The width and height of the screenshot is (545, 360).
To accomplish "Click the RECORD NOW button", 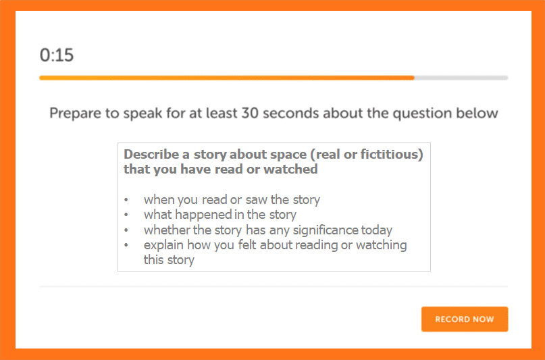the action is [465, 319].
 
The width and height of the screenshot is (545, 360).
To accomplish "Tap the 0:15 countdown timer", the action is [57, 55].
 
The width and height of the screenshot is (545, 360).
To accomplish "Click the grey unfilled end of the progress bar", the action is [461, 78].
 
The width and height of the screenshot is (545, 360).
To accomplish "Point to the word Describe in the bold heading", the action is [151, 154].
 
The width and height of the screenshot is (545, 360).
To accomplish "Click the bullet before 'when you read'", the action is [126, 200].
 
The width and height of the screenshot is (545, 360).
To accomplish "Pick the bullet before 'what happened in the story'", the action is [126, 215].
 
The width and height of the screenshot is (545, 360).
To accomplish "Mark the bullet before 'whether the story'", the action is [126, 230].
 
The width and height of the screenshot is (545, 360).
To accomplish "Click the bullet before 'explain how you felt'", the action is [126, 245].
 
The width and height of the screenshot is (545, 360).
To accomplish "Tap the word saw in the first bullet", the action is [256, 200].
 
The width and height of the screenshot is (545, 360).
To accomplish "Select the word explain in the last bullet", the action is [163, 245].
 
